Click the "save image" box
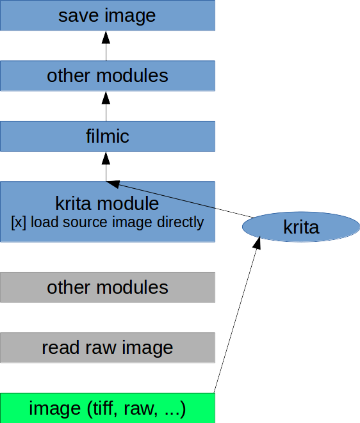108,15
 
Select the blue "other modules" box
108,76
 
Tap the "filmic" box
108,136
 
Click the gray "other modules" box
108,287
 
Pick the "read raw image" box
108,347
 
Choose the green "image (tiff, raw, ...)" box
108,408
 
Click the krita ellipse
301,227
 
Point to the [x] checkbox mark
19,223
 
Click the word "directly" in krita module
181,223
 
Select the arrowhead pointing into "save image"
106,37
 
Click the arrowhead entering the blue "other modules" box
106,98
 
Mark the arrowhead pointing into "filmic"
106,158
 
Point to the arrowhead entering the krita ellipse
257,243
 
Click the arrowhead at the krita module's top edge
113,184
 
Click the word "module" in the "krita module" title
128,204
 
